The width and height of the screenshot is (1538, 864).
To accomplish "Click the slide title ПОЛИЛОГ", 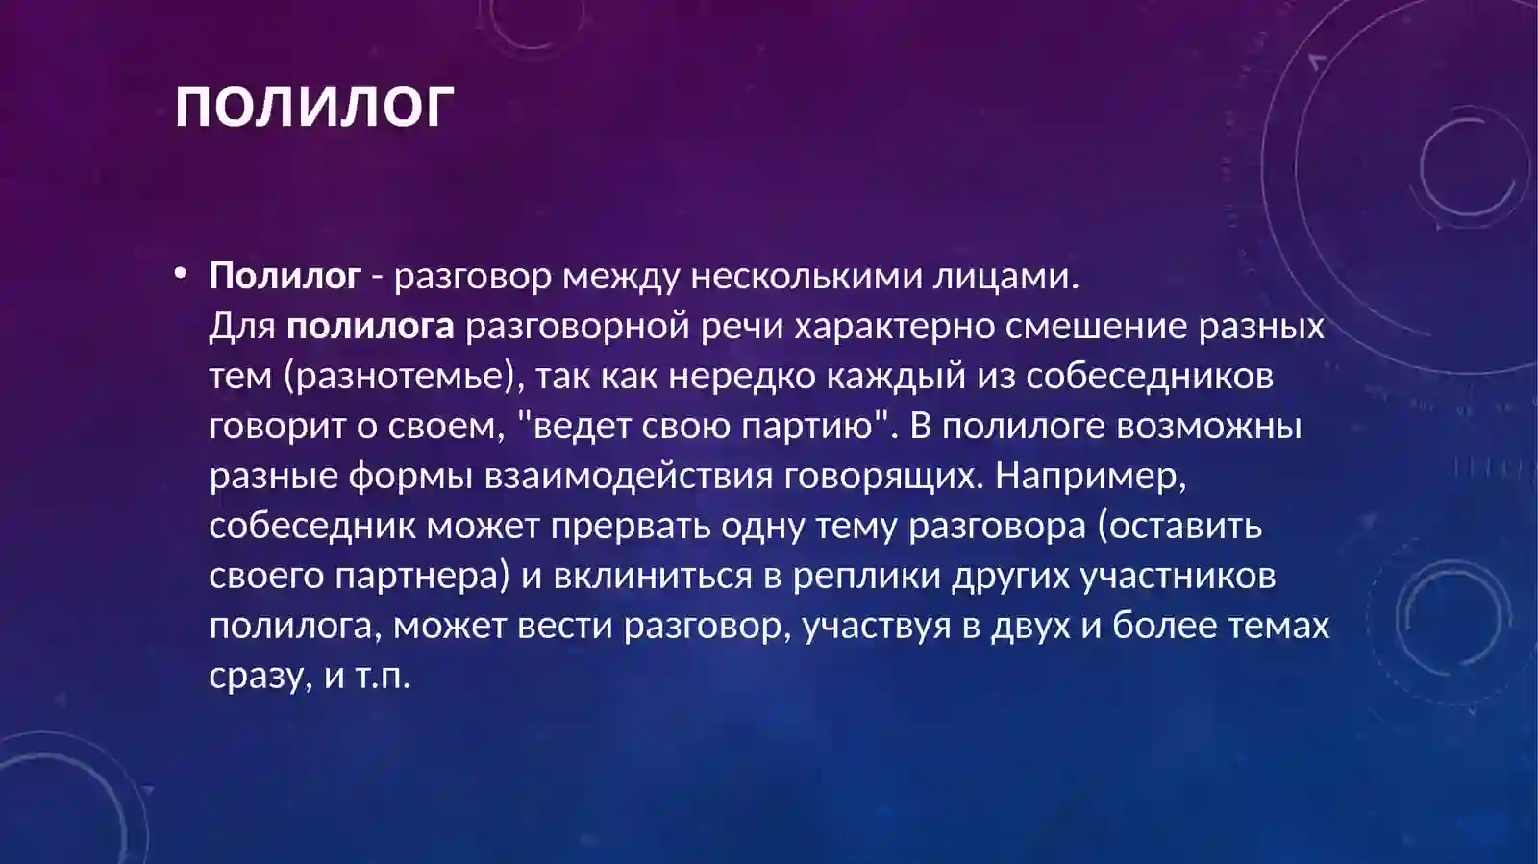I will (x=314, y=106).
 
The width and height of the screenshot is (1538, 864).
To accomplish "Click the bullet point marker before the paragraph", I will (x=180, y=274).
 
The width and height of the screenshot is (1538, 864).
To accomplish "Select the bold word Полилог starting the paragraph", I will (x=285, y=276).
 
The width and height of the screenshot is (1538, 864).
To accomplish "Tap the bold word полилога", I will (x=370, y=326).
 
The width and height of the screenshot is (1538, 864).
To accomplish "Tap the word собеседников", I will (x=1150, y=376).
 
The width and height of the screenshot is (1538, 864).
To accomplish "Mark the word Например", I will (x=1090, y=476).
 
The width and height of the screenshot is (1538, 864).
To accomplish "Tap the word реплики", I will (x=866, y=576).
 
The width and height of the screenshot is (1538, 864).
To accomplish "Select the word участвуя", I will (x=877, y=626).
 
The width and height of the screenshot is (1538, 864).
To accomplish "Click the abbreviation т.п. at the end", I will (x=383, y=676).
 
